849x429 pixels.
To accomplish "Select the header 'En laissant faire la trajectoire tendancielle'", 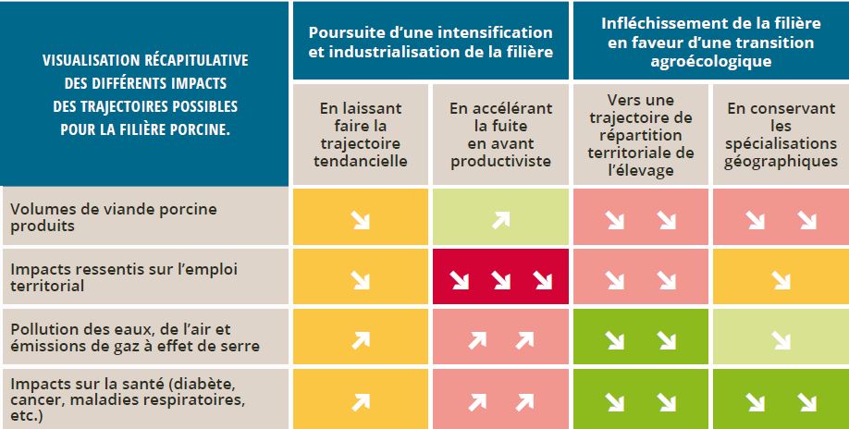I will point(362,134).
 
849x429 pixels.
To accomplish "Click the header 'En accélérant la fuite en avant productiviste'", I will point(500,134).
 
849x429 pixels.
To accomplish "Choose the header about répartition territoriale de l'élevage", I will point(641,134).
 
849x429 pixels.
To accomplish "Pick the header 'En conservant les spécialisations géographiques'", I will point(781,134).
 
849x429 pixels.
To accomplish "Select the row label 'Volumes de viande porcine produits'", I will point(113,216).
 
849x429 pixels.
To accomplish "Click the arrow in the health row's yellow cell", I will point(362,401).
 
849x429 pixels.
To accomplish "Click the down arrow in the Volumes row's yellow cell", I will point(362,219).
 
